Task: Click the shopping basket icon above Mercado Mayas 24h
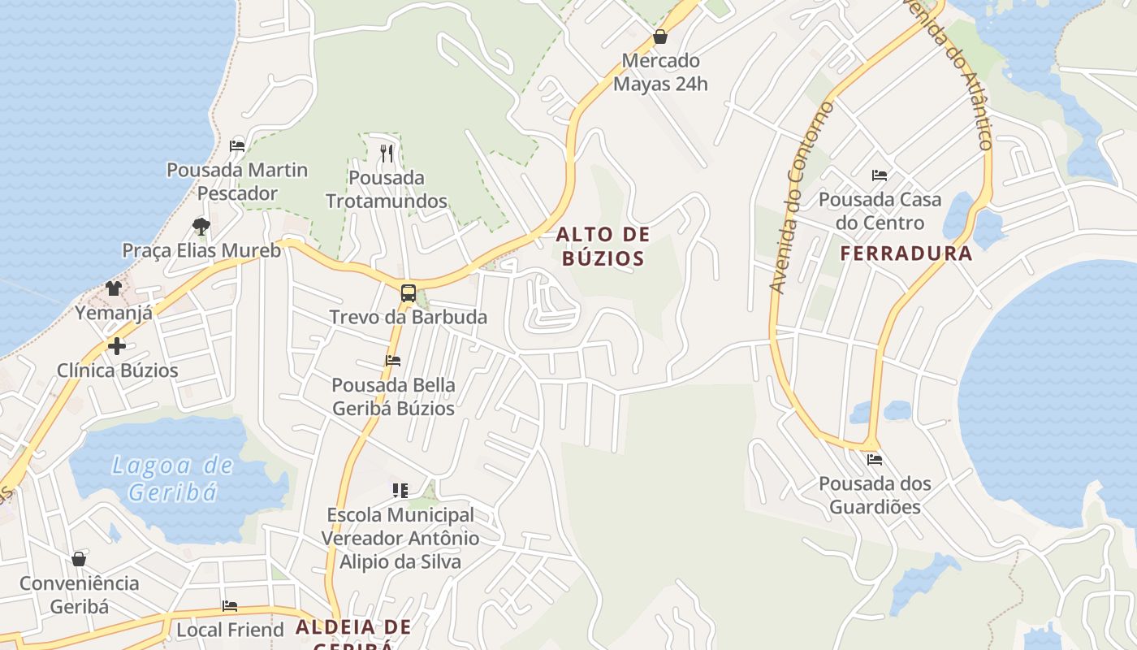659,37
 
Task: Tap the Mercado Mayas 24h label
660,72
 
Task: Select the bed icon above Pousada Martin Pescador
237,146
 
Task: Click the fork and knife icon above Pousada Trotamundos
387,153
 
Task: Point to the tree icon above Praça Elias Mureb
201,226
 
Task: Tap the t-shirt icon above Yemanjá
113,288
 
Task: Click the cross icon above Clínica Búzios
117,346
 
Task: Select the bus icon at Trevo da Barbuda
408,292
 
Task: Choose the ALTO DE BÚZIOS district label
603,247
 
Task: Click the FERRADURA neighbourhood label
906,253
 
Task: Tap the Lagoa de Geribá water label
172,479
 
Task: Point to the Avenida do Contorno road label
802,197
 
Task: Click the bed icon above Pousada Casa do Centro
879,175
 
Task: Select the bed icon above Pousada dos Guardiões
874,459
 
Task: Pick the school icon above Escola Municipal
400,490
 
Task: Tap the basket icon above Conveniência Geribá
79,559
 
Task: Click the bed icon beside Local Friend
230,606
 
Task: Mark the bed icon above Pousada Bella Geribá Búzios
393,360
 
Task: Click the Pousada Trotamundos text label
387,189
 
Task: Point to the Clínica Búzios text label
117,370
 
